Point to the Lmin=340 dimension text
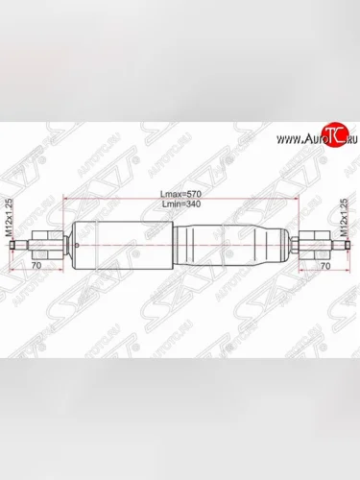coord(181,205)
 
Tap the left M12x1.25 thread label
coord(11,220)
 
